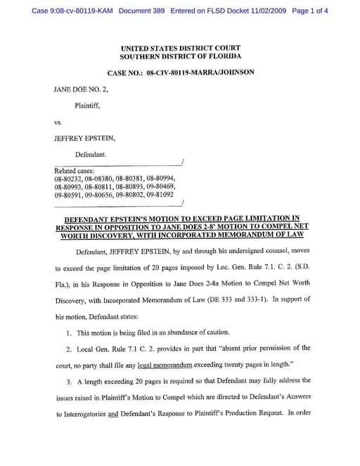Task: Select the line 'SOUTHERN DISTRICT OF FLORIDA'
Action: coord(180,56)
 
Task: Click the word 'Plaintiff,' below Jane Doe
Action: coord(89,105)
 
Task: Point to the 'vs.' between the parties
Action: coord(58,122)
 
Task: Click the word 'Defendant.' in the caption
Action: coord(92,154)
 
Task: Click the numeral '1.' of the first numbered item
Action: coord(70,332)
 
